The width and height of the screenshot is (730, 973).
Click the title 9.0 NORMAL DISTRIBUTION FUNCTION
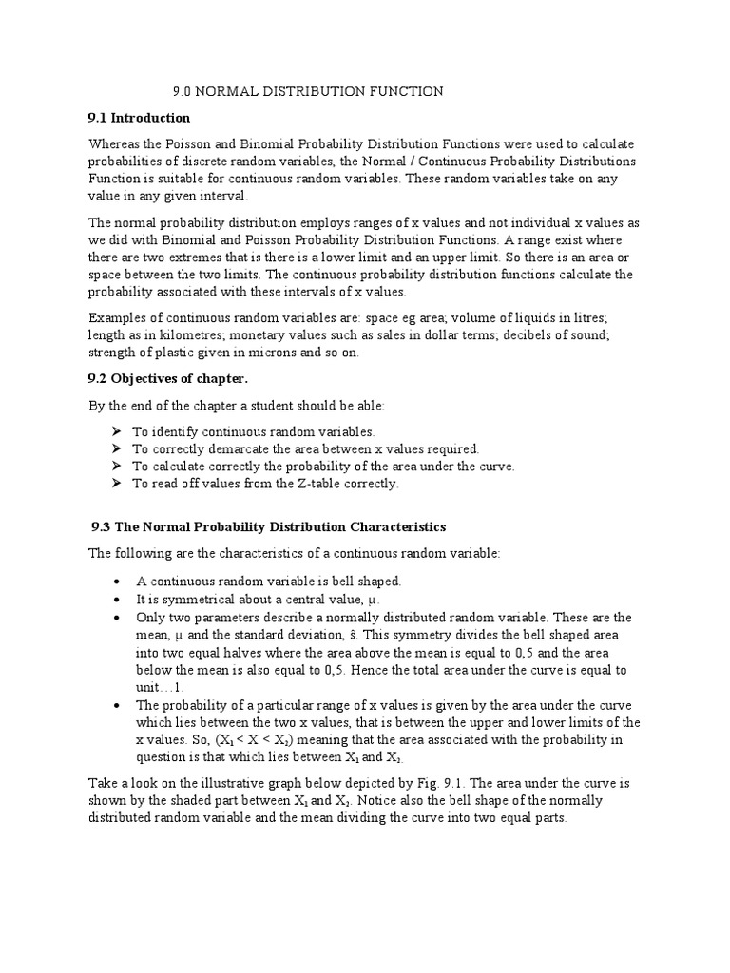point(307,91)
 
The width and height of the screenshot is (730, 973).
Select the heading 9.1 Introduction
point(139,118)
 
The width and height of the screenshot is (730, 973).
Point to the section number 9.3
point(102,526)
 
